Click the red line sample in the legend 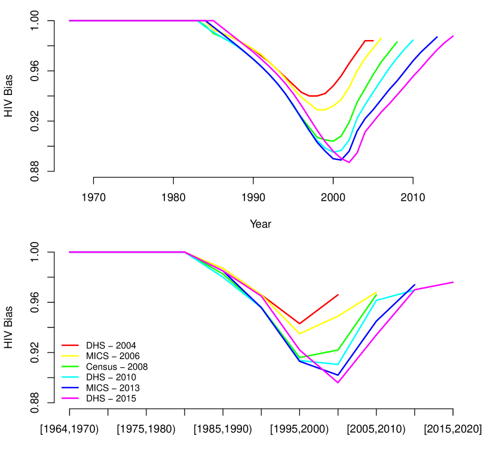pyautogui.click(x=70, y=345)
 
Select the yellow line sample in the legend pyautogui.click(x=70, y=355)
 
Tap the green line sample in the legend pyautogui.click(x=70, y=366)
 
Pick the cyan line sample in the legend pyautogui.click(x=70, y=377)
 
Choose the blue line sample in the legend pyautogui.click(x=70, y=388)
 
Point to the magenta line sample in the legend pyautogui.click(x=70, y=398)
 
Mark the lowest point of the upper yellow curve pyautogui.click(x=321, y=110)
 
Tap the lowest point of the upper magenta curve pyautogui.click(x=349, y=162)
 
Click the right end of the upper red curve pyautogui.click(x=373, y=41)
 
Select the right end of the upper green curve pyautogui.click(x=397, y=42)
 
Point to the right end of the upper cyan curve pyautogui.click(x=414, y=39)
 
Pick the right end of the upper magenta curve pyautogui.click(x=454, y=36)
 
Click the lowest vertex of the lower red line pyautogui.click(x=299, y=324)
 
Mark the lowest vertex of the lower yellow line pyautogui.click(x=299, y=334)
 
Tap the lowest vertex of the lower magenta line pyautogui.click(x=338, y=382)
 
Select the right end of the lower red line pyautogui.click(x=338, y=295)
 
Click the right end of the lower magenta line pyautogui.click(x=454, y=282)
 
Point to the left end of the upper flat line pyautogui.click(x=69, y=20)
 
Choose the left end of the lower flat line pyautogui.click(x=69, y=252)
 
